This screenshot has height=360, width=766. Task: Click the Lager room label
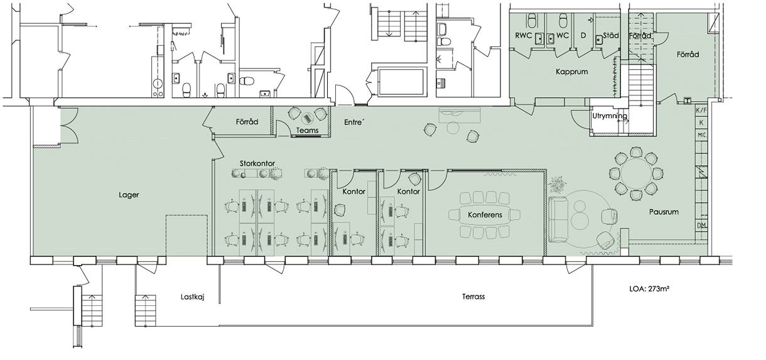coord(129,195)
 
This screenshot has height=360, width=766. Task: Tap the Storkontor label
coord(257,163)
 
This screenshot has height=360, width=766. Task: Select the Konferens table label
coord(485,215)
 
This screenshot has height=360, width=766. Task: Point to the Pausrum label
coord(664,212)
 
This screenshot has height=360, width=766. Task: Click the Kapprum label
coord(572,72)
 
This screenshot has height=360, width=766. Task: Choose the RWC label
coord(524,35)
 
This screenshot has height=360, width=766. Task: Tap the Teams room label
coord(307,131)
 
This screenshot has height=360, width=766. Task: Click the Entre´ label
coord(354,122)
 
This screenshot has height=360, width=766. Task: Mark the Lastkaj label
coord(193,297)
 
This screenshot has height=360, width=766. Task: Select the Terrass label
coord(473,297)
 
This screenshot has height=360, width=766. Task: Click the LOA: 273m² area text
coord(649,289)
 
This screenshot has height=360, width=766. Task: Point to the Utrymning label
coord(610,116)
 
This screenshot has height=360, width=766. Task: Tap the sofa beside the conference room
coord(557,220)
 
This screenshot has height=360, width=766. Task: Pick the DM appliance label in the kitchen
coord(701,226)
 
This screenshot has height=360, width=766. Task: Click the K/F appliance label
coord(701,110)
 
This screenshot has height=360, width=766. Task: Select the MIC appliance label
coord(701,135)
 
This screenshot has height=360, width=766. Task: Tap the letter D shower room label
coord(583,35)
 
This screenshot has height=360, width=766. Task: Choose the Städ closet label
coord(611,35)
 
